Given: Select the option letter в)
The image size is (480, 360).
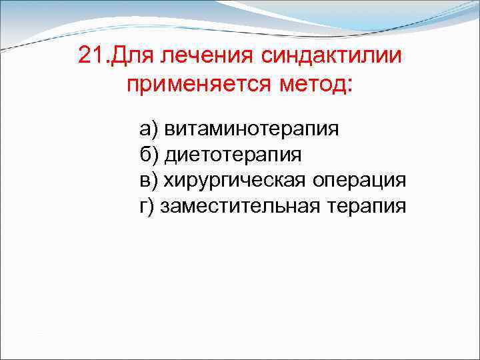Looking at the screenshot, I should tap(147, 181).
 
